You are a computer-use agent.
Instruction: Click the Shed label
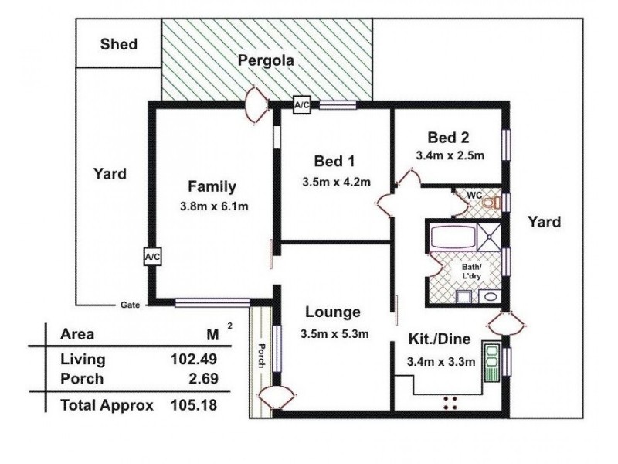(118, 44)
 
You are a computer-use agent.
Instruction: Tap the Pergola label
(267, 61)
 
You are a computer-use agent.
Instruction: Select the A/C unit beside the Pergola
(301, 105)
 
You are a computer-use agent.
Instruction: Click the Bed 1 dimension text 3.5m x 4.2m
(336, 183)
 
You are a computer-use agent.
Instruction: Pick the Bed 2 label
(448, 138)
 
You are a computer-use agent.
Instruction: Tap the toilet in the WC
(494, 202)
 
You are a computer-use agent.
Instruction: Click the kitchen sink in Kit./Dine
(491, 361)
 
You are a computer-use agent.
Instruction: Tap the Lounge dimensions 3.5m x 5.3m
(333, 334)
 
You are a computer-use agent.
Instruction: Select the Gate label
(129, 305)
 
